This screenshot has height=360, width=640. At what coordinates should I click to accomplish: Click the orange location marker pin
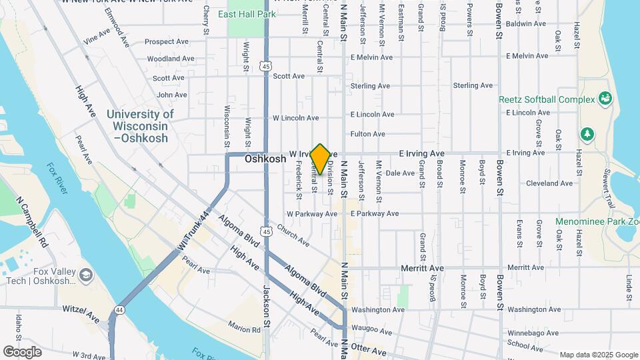click(320, 159)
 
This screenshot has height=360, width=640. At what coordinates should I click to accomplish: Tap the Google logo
click(22, 351)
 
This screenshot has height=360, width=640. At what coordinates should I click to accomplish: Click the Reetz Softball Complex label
click(547, 99)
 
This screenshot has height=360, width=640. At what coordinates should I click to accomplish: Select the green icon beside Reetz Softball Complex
click(605, 99)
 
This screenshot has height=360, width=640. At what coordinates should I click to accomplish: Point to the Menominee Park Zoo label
click(597, 221)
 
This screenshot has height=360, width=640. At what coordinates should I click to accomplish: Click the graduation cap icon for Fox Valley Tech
click(85, 275)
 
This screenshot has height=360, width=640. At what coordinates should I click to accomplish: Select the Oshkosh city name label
click(265, 159)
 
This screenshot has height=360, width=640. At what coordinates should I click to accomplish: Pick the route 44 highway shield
click(119, 310)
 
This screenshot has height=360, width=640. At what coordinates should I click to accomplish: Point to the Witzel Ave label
click(80, 309)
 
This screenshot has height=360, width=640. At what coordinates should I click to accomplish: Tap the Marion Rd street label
click(243, 329)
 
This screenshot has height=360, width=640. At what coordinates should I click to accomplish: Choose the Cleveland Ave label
click(549, 183)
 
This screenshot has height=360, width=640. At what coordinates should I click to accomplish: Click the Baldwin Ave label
click(527, 23)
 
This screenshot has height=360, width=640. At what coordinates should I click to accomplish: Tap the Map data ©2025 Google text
click(598, 355)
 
